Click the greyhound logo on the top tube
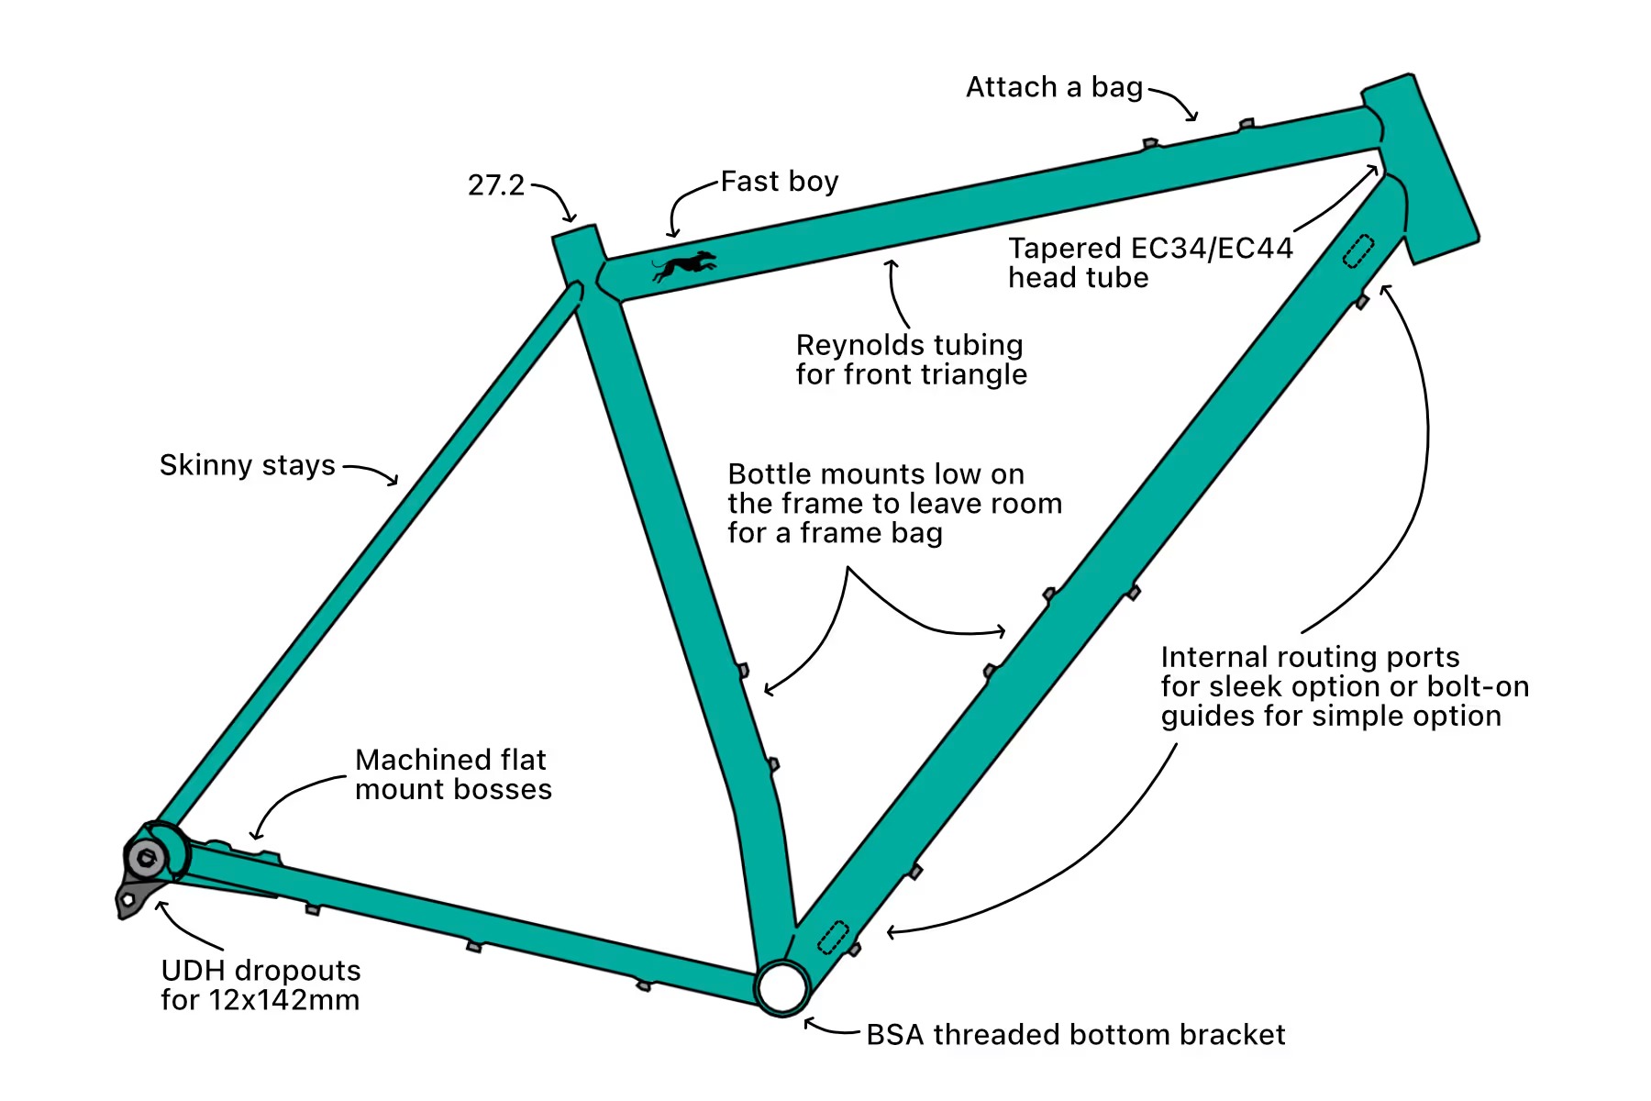pyautogui.click(x=684, y=266)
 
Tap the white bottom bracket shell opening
pyautogui.click(x=782, y=987)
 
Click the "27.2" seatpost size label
pyautogui.click(x=496, y=185)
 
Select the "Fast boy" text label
pyautogui.click(x=780, y=182)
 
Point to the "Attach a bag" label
pyautogui.click(x=1054, y=87)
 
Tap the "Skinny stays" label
pyautogui.click(x=248, y=465)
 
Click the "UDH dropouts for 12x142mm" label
pyautogui.click(x=260, y=984)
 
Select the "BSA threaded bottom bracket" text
pyautogui.click(x=1075, y=1035)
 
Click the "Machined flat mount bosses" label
pyautogui.click(x=453, y=774)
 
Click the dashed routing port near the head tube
pyautogui.click(x=1358, y=250)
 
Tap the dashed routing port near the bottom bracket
pyautogui.click(x=833, y=937)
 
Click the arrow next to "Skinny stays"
pyautogui.click(x=371, y=473)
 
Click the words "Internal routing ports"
pyautogui.click(x=1310, y=657)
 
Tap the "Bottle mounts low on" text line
pyautogui.click(x=876, y=474)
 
